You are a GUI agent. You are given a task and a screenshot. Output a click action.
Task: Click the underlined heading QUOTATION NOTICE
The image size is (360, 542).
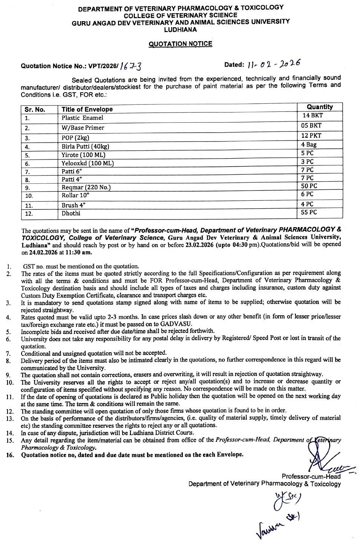[180, 44]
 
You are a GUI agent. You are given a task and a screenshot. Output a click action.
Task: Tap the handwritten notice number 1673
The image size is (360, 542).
[131, 66]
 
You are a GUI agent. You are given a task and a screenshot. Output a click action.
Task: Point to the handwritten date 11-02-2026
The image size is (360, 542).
[274, 64]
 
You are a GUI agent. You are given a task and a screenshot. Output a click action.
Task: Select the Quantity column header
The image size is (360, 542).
[320, 107]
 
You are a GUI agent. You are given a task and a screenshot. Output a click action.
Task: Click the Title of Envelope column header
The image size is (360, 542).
[87, 110]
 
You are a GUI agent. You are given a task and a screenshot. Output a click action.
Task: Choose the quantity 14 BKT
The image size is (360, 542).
[313, 116]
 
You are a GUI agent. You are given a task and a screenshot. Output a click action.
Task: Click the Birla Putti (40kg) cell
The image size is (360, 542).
[85, 147]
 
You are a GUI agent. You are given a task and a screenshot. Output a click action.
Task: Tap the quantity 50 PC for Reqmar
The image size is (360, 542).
[309, 186]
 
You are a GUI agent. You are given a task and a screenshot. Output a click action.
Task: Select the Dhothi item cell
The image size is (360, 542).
[71, 214]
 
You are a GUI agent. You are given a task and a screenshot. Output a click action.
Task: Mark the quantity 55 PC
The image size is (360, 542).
[309, 212]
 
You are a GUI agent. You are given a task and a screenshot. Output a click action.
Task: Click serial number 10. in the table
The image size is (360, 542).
[29, 196]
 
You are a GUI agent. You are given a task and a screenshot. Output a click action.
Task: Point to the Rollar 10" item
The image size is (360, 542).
[75, 195]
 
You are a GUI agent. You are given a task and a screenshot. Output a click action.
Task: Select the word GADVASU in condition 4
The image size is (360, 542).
[179, 324]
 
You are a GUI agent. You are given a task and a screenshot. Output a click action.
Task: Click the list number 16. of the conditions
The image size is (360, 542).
[10, 455]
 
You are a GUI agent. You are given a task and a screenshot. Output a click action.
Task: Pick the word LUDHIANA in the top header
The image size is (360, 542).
[181, 29]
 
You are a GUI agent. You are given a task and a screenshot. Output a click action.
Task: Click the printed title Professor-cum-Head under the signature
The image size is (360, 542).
[311, 476]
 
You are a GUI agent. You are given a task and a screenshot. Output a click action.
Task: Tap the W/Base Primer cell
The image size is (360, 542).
[83, 128]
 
